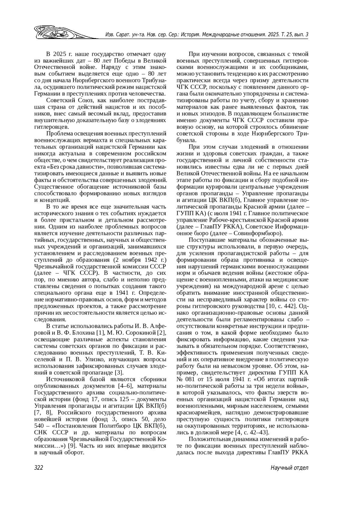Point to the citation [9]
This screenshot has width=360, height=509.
(x=71, y=446)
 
